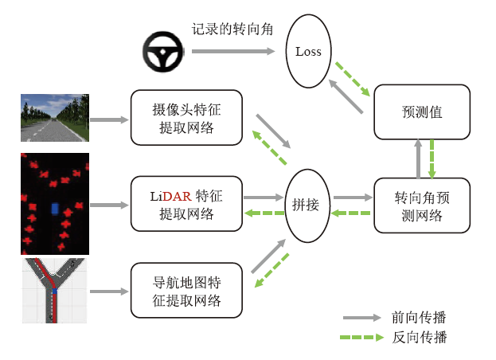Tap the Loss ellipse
pos(308,52)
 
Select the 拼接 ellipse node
pos(307,205)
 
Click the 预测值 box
pos(422,112)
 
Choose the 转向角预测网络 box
pos(422,205)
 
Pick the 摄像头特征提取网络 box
pos(186,117)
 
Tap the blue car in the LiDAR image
pos(54,209)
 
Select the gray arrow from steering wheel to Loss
pos(236,51)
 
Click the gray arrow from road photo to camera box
pos(109,120)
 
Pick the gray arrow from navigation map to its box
pos(109,292)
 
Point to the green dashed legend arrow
pos(363,338)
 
